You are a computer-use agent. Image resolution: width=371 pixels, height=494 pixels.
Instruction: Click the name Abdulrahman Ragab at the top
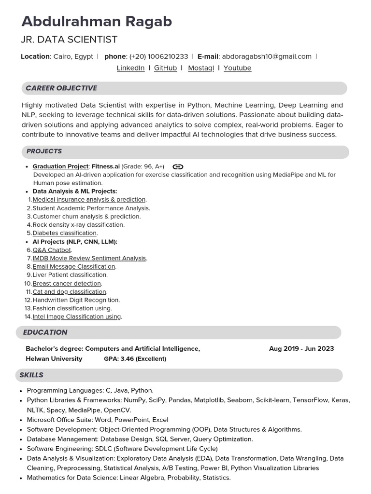97,22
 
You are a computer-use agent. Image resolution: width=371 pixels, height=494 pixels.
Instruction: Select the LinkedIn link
130,68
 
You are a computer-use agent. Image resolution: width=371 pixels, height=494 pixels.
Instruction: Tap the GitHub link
165,68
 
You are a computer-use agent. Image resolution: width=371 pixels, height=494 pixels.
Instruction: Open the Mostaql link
201,68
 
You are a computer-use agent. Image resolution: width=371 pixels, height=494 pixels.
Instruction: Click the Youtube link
237,68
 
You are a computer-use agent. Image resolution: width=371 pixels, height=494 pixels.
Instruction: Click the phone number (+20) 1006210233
158,56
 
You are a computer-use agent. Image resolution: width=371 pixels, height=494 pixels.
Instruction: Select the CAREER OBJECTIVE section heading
61,88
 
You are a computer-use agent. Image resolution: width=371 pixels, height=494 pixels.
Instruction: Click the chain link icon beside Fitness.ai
178,167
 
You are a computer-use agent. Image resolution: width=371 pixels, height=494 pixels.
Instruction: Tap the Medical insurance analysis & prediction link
89,200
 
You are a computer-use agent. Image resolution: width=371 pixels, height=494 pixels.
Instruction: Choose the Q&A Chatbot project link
52,250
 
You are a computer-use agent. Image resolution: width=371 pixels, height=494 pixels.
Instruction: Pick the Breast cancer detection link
67,284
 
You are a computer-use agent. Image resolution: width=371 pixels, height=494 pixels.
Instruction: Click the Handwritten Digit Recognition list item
76,300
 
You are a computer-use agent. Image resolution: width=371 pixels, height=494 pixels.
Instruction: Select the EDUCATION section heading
45,332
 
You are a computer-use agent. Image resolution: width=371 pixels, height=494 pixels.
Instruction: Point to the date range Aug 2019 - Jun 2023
301,349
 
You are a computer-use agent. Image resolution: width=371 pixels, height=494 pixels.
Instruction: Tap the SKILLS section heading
31,375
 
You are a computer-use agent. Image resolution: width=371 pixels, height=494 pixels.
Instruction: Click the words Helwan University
54,359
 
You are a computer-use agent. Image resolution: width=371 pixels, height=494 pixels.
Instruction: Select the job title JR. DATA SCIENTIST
70,40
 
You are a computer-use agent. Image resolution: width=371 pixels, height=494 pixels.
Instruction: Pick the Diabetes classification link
64,233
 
